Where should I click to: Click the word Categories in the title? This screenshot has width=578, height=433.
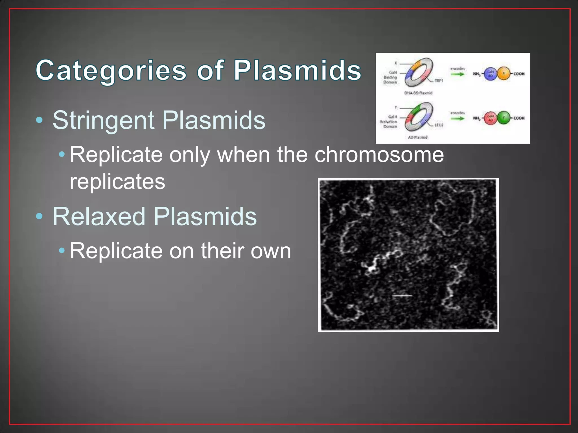click(x=111, y=70)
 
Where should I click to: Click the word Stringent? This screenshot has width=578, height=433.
click(x=104, y=120)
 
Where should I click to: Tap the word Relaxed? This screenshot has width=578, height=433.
click(x=99, y=216)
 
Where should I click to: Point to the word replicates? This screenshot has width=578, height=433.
click(x=117, y=182)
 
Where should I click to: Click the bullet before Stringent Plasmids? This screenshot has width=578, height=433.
click(x=40, y=120)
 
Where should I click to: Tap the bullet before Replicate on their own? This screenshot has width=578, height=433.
click(x=62, y=250)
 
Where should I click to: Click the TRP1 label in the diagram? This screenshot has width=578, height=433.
click(x=439, y=81)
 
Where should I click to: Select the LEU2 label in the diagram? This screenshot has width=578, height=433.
click(x=439, y=125)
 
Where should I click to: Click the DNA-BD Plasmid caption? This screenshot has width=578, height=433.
click(x=418, y=93)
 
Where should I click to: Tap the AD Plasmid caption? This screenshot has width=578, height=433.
click(x=418, y=137)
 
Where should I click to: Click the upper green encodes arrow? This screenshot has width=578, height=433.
click(x=457, y=74)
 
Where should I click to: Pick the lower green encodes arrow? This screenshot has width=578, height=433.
click(x=457, y=118)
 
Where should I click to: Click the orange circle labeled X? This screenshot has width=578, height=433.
click(x=504, y=74)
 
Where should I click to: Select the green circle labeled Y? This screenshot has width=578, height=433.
click(x=504, y=118)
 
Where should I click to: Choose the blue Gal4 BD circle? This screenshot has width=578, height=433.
click(x=491, y=74)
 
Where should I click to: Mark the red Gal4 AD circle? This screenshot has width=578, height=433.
click(x=491, y=118)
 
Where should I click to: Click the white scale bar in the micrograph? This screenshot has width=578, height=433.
click(x=402, y=296)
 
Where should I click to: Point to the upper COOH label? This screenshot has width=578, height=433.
click(x=519, y=74)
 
